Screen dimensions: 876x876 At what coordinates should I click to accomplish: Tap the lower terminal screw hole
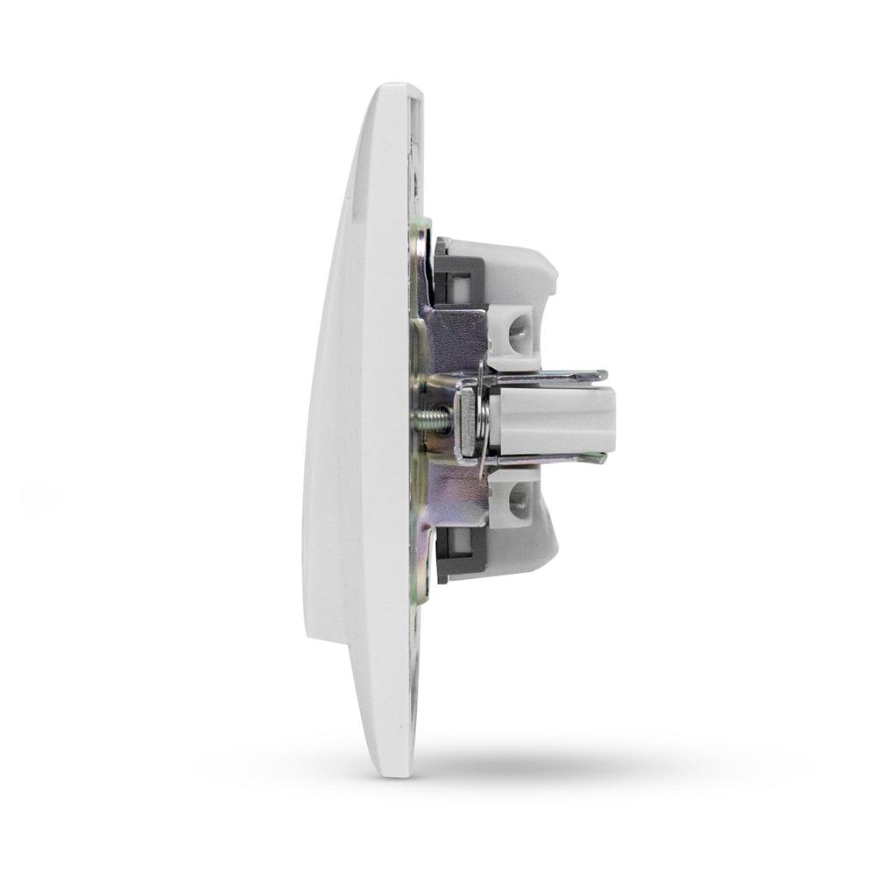(519, 500)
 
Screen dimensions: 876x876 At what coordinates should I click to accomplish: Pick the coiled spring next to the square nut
(478, 419)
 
